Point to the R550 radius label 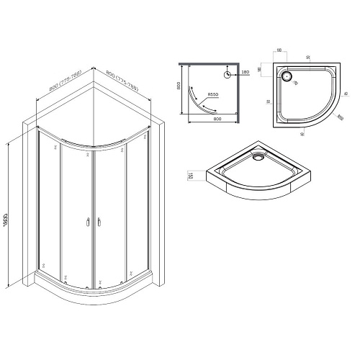pos(213,96)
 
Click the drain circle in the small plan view pos(227,73)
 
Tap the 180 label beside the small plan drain pos(245,73)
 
